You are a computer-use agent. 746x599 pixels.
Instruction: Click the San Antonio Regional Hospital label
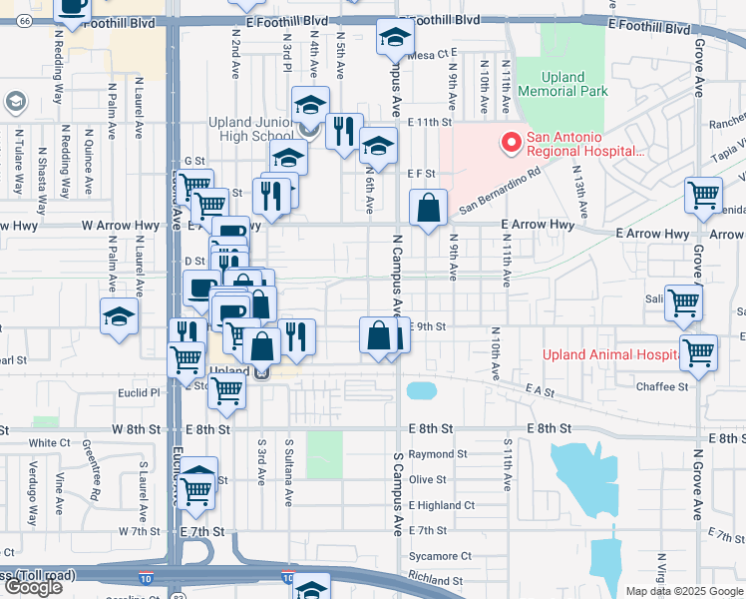(x=584, y=144)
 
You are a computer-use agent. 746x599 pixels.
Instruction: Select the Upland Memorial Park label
(x=574, y=84)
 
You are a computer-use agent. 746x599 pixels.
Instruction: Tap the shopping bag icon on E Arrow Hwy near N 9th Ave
(x=428, y=209)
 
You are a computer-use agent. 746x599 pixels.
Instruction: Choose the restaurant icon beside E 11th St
(x=342, y=131)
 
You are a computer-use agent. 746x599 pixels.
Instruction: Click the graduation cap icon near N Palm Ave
(x=119, y=317)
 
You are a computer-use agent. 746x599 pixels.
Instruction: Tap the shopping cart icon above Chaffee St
(x=698, y=352)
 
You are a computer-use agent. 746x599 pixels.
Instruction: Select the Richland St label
(x=435, y=580)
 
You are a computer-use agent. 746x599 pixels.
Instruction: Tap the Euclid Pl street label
(x=141, y=393)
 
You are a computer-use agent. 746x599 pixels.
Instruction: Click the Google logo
(x=33, y=587)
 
